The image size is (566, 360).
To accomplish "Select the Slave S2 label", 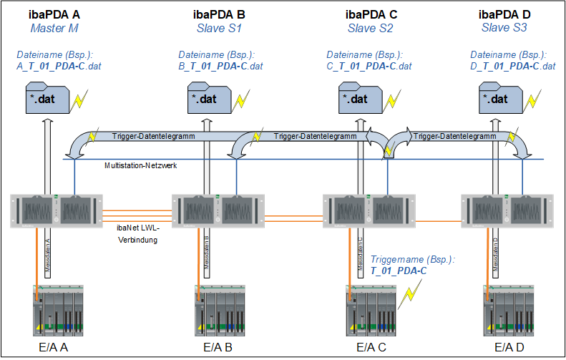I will point(370,29).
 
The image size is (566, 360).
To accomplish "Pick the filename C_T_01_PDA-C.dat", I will point(369,66).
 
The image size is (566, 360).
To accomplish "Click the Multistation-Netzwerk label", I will point(140,165).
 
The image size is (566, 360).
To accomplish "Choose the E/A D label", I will point(509,347).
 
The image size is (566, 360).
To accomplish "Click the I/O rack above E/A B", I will point(218,310).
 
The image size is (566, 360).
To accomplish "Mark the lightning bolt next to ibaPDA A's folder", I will point(81,99).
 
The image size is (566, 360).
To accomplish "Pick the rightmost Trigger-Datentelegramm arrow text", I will point(454,136).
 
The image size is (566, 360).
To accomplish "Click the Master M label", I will point(54,29).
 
